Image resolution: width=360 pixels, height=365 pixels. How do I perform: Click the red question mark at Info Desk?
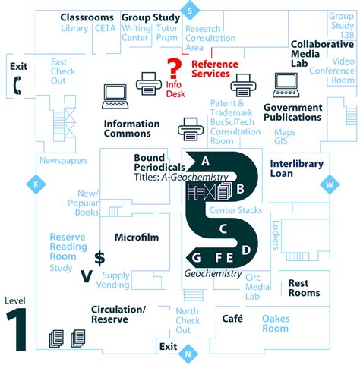tap(174, 67)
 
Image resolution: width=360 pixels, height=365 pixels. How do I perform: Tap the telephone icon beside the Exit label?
tap(17, 87)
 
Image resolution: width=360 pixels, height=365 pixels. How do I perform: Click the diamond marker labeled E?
tap(33, 183)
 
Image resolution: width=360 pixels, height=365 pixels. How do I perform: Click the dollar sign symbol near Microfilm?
tap(99, 258)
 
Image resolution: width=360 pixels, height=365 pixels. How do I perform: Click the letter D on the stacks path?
tap(245, 250)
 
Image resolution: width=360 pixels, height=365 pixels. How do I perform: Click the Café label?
tap(232, 318)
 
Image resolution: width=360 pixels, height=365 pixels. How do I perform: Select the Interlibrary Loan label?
tap(296, 168)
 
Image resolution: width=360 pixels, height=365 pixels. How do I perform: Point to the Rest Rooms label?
tap(304, 288)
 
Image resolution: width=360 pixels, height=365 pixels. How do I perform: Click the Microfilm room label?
tap(137, 238)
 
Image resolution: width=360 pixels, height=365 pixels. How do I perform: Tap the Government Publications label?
tap(293, 113)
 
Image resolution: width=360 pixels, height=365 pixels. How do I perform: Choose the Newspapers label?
tap(64, 161)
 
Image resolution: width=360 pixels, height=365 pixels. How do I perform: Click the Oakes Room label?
tap(276, 323)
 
